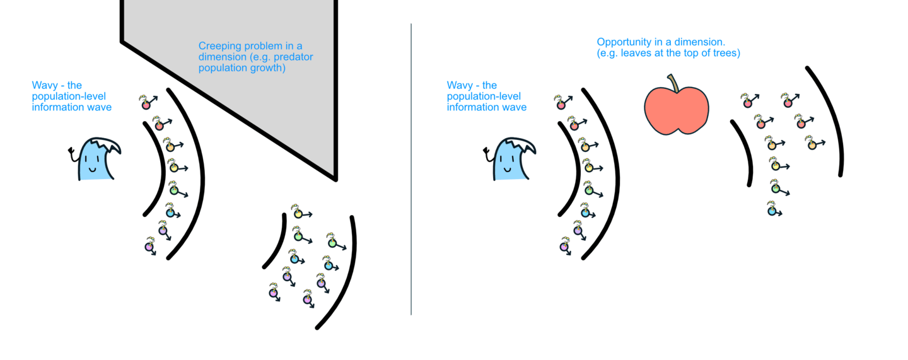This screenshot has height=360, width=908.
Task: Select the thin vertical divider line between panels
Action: pyautogui.click(x=411, y=170)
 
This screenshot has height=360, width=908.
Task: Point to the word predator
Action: pyautogui.click(x=294, y=57)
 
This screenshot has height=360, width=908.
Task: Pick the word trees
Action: pyautogui.click(x=726, y=53)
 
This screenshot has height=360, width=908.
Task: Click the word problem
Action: pyautogui.click(x=267, y=46)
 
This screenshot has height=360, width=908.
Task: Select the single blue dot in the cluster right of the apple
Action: pyautogui.click(x=771, y=211)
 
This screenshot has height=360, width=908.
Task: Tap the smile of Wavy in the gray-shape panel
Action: pyautogui.click(x=92, y=169)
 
